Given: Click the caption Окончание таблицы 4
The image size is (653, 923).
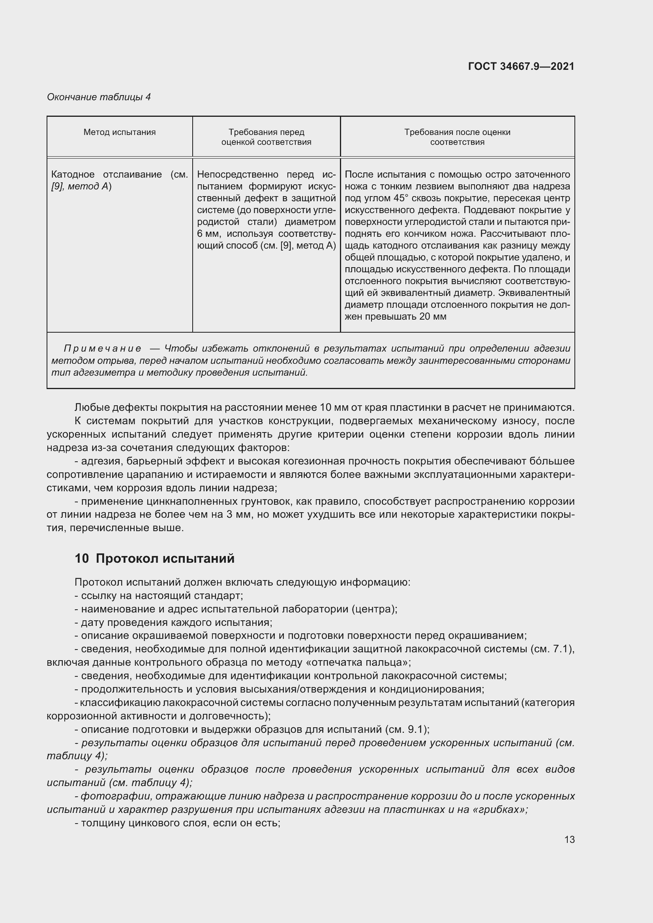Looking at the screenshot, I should point(99,97).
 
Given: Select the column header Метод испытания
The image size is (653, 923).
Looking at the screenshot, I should point(119,132).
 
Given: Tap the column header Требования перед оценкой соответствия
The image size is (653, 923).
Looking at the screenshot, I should point(266,137).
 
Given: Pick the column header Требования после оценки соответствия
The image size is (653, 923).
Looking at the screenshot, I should point(457,137).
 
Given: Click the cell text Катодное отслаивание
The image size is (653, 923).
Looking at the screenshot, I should point(107,174).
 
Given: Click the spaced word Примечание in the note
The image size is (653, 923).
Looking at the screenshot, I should point(102,348).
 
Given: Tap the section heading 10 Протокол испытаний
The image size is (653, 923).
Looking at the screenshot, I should point(154,558).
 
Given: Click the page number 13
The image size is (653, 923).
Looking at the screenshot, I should point(569,839).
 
